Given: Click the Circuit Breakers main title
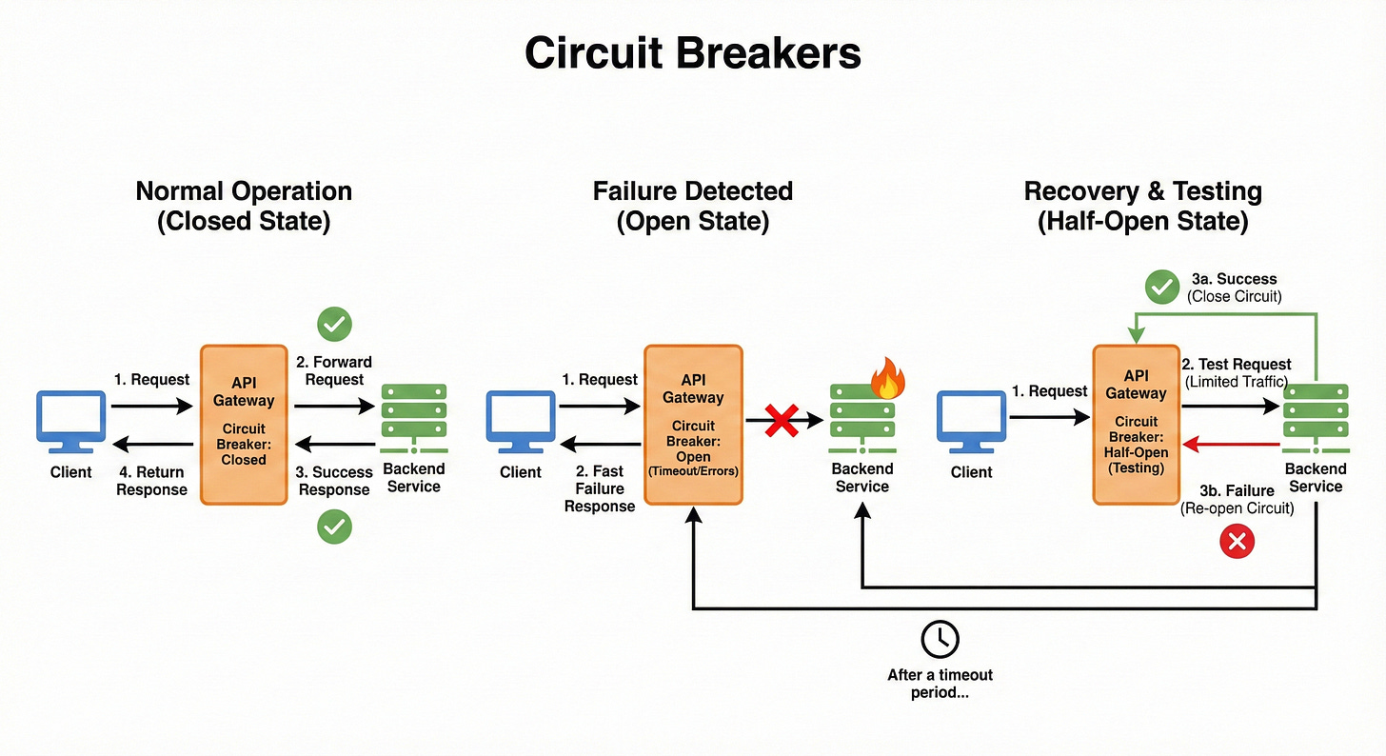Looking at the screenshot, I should [692, 54].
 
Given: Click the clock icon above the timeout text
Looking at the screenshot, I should [940, 639].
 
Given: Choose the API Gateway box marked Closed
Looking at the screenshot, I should [244, 424].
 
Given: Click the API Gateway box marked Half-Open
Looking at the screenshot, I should [1136, 425].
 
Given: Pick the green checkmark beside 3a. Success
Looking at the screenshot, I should [1161, 287].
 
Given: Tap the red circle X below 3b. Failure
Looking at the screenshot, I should [1237, 542].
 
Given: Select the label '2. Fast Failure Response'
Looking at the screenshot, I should [599, 488].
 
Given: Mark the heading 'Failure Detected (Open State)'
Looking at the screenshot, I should [692, 206].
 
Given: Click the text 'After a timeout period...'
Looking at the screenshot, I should [940, 684].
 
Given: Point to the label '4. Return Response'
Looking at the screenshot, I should [152, 481].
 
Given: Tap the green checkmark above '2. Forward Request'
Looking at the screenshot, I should [334, 325].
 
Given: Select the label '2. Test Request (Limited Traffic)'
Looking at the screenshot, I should [1236, 372].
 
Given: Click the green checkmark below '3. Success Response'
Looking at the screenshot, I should [334, 527].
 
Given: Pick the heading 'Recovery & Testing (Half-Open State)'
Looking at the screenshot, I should [1142, 206].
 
